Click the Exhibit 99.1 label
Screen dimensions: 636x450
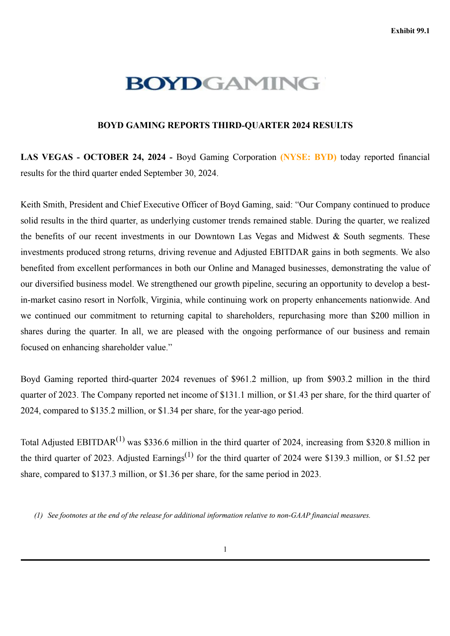[410, 31]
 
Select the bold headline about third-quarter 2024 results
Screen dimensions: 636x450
[225, 125]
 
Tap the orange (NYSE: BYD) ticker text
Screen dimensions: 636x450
[308, 157]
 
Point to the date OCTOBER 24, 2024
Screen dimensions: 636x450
[124, 157]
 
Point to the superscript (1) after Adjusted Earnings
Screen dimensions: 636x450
[189, 455]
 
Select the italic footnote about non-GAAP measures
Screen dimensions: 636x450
[202, 515]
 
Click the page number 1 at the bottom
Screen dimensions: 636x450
[225, 549]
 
